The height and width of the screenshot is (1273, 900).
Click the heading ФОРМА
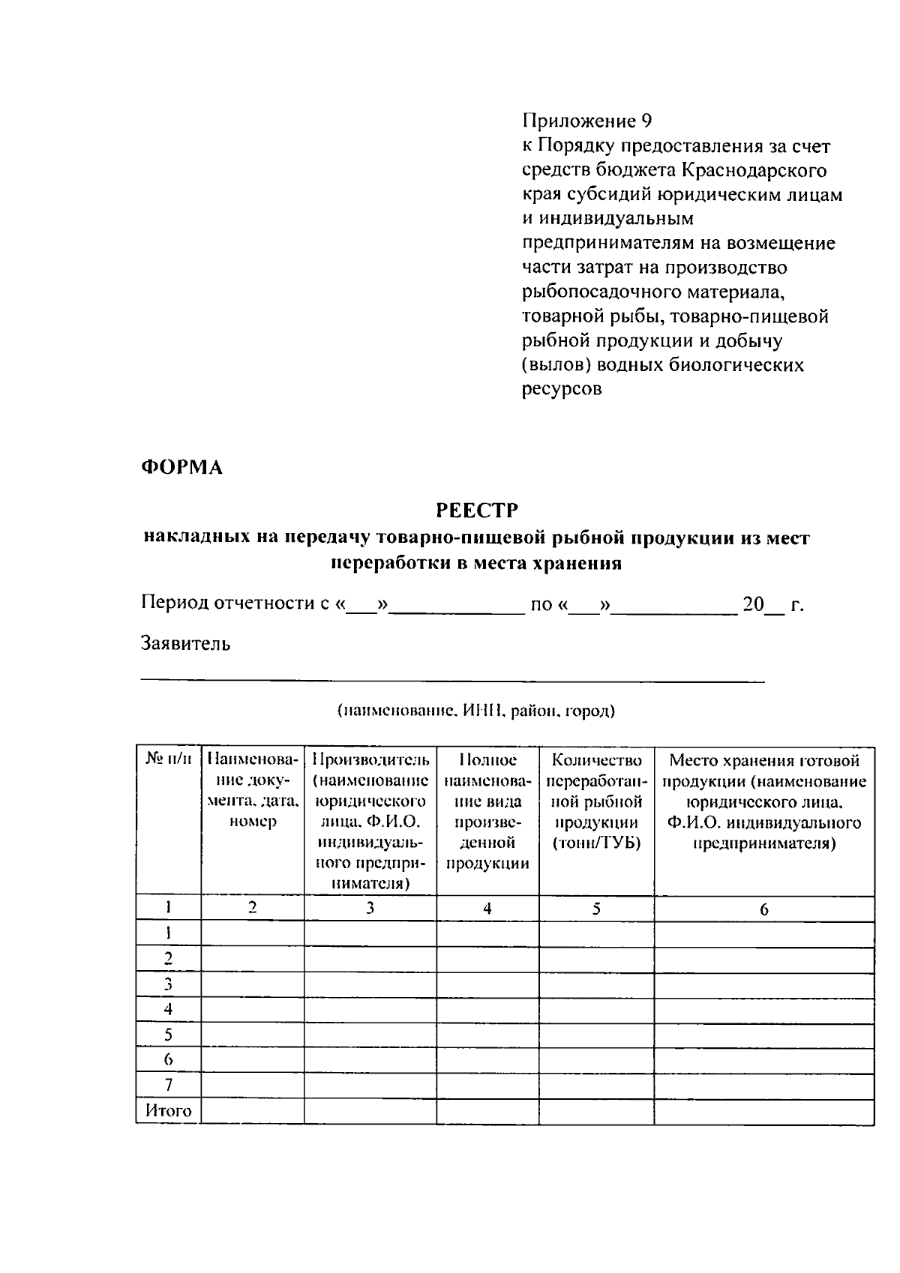pos(181,467)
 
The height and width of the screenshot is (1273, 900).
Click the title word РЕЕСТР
pos(477,511)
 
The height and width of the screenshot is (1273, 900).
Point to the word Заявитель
pos(185,643)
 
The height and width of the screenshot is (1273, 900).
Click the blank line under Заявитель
pos(452,680)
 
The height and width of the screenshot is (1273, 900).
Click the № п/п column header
pos(168,760)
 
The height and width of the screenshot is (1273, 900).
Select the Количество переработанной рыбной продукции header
pos(596,801)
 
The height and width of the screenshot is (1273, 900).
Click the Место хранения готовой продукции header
pos(763,801)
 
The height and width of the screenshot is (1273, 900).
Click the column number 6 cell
pos(763,909)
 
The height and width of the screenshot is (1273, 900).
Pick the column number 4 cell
pos(487,909)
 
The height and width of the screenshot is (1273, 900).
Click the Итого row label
pos(168,1111)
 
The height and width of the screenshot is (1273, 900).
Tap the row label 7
pos(168,1085)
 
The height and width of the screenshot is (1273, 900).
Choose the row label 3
pos(168,984)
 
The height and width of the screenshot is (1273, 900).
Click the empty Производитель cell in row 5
pos(370,1035)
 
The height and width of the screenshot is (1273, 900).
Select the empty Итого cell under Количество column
pos(596,1111)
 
